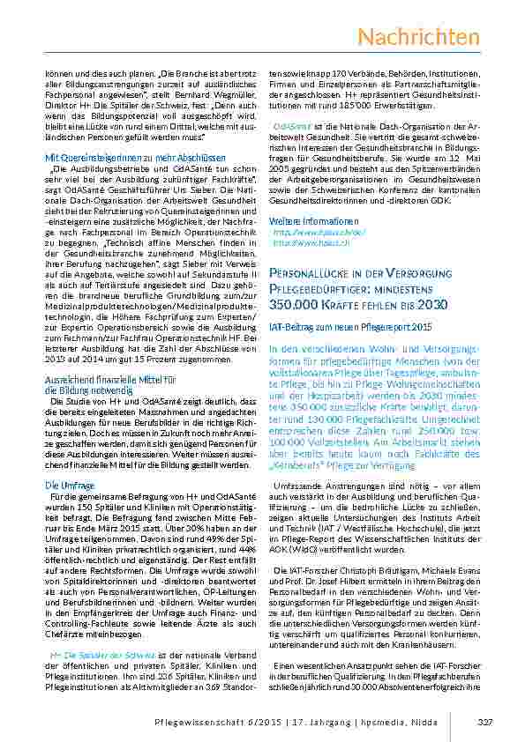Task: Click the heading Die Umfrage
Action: [x=65, y=486]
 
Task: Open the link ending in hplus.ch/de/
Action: [x=306, y=232]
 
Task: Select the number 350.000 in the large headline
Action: [x=298, y=304]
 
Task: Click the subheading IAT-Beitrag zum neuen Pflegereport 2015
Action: [x=350, y=327]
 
